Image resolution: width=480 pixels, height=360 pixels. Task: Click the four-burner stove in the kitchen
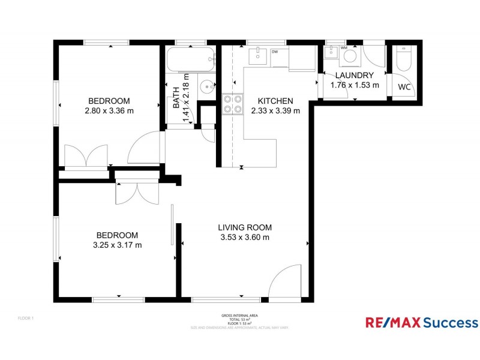click(233, 104)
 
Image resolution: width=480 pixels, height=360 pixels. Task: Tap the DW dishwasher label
click(275, 52)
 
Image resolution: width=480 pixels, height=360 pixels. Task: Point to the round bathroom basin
click(207, 86)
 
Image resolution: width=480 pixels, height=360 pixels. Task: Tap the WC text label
click(405, 88)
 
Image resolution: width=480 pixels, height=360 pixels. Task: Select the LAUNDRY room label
click(355, 76)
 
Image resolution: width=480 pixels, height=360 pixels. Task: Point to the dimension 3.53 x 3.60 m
click(245, 237)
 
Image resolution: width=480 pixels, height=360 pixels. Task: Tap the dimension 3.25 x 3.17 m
click(118, 245)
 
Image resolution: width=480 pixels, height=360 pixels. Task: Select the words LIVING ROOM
click(245, 227)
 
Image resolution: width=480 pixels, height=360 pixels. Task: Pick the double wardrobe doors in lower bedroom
click(137, 191)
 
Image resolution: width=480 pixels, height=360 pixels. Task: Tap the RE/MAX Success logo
click(422, 323)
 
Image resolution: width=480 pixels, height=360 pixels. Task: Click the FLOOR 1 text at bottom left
click(25, 318)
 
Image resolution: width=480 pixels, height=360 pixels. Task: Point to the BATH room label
click(176, 97)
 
